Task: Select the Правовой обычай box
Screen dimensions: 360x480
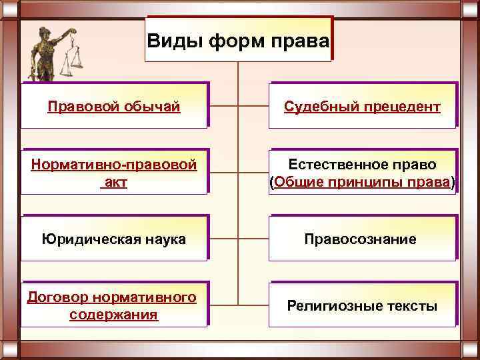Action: [114, 106]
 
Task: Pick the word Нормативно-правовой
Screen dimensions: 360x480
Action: [114, 164]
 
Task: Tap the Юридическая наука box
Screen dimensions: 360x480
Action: [114, 239]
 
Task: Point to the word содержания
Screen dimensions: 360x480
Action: [114, 314]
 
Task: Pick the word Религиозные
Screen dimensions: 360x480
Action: [327, 306]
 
